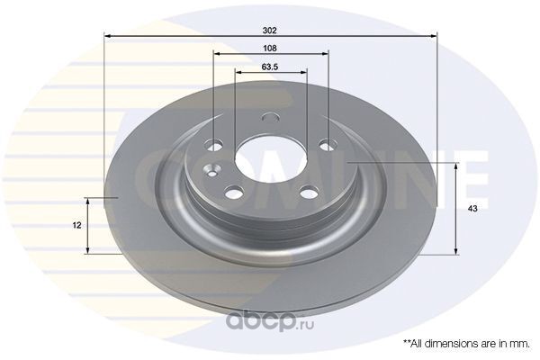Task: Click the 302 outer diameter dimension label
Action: click(270, 31)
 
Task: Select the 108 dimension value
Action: click(270, 49)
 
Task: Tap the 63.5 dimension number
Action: click(270, 67)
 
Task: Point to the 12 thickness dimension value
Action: click(77, 225)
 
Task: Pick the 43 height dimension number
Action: click(472, 209)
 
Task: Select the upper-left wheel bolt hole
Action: click(213, 145)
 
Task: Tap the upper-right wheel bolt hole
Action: click(328, 145)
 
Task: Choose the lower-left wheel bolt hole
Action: click(234, 192)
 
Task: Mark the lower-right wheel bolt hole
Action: click(309, 192)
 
